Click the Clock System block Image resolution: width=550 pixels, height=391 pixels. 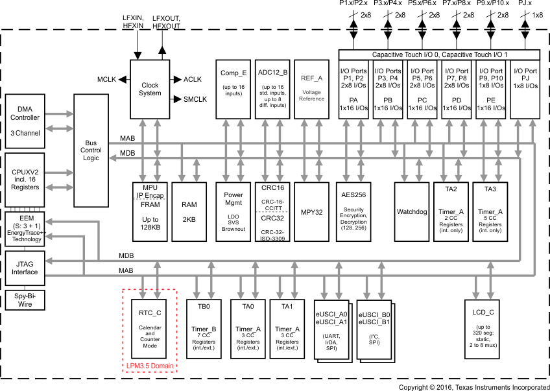pos(150,89)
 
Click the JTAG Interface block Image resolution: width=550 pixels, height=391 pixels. pos(25,268)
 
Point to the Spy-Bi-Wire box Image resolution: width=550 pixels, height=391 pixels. pos(25,299)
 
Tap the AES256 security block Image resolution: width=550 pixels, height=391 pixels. pos(354,212)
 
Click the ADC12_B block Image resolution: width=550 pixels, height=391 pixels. pos(272,89)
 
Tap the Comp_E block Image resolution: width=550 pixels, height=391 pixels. pos(233,89)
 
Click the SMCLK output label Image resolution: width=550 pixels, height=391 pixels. pos(195,99)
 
